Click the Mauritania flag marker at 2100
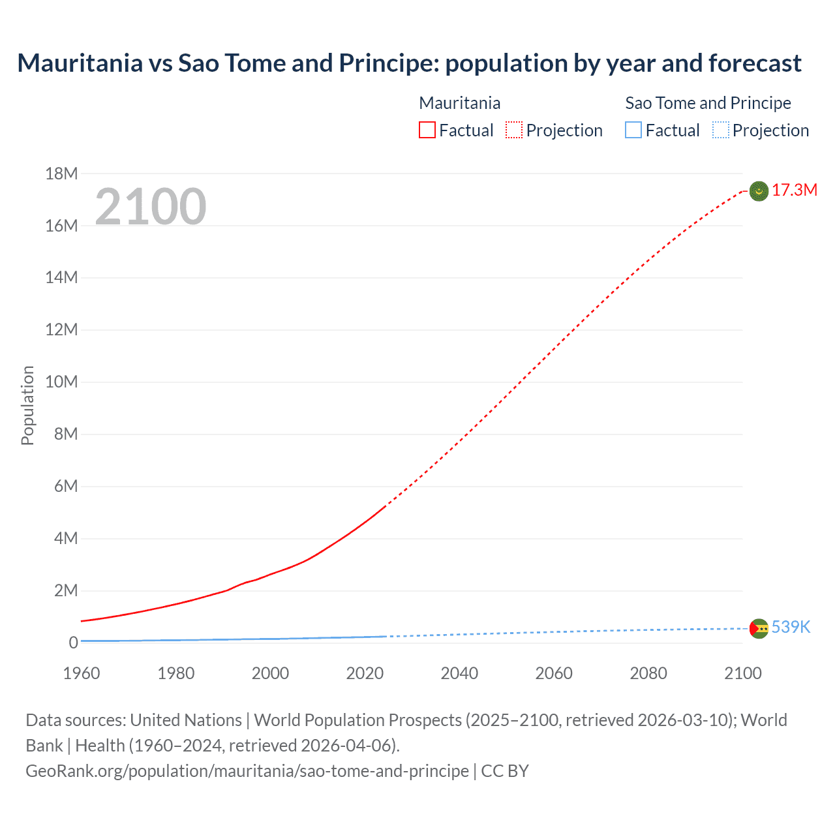tap(759, 191)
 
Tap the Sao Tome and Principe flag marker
tap(759, 628)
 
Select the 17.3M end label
tap(794, 190)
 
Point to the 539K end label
tap(791, 628)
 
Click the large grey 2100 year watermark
tap(151, 207)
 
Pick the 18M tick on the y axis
tap(61, 174)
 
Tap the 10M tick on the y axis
tap(61, 382)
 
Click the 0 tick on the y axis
tap(73, 643)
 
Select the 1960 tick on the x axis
tap(82, 673)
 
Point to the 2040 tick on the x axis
tap(459, 673)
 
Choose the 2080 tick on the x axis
tap(648, 673)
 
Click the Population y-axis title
tap(27, 406)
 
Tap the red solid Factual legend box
tap(427, 130)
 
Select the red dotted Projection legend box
tap(514, 130)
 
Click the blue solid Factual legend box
tap(633, 130)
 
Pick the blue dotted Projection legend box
tap(721, 130)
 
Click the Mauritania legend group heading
tap(459, 103)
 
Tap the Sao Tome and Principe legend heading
tap(708, 103)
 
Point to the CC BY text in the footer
tap(505, 771)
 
